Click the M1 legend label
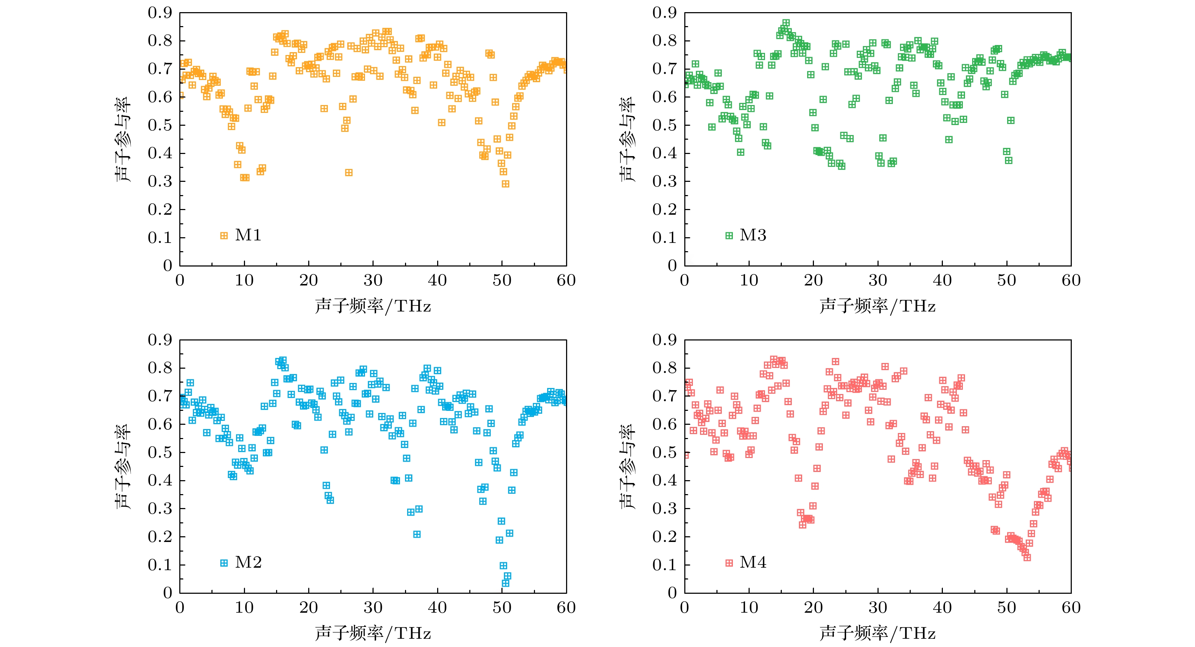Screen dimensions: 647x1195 [248, 235]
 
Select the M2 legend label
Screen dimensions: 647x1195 [248, 563]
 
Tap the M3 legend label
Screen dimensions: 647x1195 [753, 235]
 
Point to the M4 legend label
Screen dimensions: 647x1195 [753, 563]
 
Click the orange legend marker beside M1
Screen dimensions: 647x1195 [224, 236]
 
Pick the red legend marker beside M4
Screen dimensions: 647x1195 [729, 563]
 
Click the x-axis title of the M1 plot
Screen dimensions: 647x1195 [373, 306]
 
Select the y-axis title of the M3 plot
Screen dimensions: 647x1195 [627, 139]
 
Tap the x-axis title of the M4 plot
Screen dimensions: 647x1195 [878, 633]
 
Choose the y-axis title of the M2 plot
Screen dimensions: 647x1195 [123, 467]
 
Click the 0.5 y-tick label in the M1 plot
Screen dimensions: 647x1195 [160, 125]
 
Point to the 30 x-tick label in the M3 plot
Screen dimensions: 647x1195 [878, 280]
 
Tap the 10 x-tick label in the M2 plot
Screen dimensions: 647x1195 [244, 608]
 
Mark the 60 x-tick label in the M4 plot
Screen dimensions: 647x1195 [1071, 608]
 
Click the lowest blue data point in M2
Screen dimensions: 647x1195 [506, 583]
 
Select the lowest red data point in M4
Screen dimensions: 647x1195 [1027, 557]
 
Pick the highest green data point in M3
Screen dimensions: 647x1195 [786, 23]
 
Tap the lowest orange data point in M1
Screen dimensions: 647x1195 [506, 184]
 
